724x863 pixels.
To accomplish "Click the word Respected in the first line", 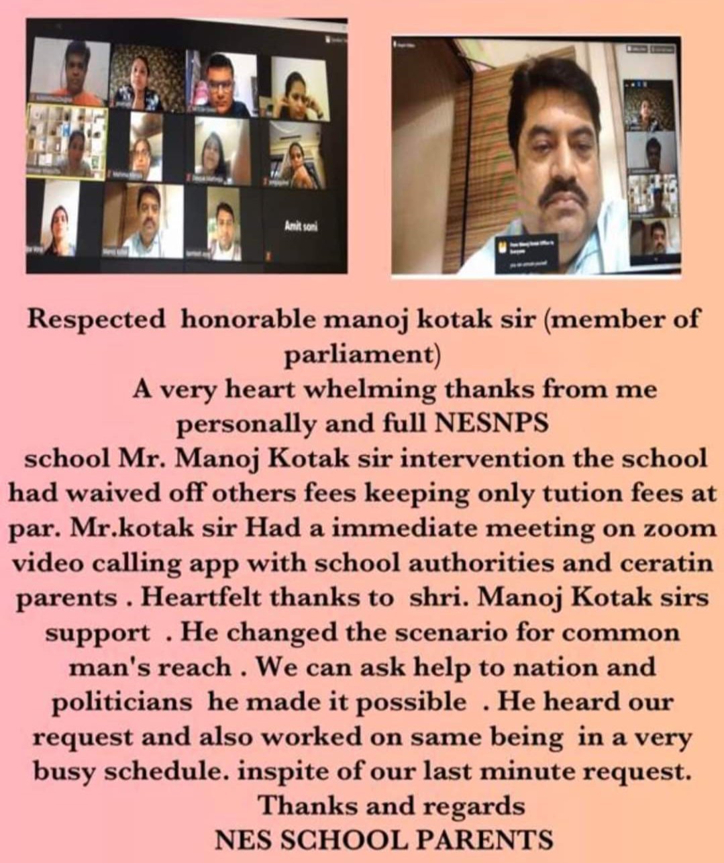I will [95, 319].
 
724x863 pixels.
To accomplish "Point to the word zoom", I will [684, 529].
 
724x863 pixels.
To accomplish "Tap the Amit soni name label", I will [301, 227].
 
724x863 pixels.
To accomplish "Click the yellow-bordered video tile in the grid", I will [66, 142].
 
